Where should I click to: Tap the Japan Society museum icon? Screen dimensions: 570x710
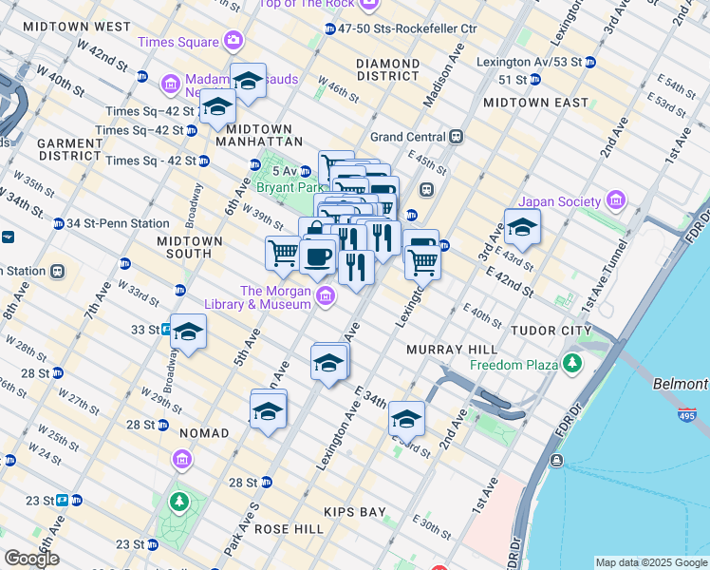(615, 201)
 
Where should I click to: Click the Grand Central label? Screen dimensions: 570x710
(408, 136)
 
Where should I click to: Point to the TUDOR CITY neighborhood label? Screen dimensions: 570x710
(551, 330)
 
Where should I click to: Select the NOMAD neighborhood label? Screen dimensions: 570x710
(203, 433)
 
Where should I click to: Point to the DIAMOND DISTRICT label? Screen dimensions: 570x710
(387, 69)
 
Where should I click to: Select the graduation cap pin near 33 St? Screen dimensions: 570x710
(188, 333)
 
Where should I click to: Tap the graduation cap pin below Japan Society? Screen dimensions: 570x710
(521, 228)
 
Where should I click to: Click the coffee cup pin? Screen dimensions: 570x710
(317, 256)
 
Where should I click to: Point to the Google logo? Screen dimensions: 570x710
(31, 559)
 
